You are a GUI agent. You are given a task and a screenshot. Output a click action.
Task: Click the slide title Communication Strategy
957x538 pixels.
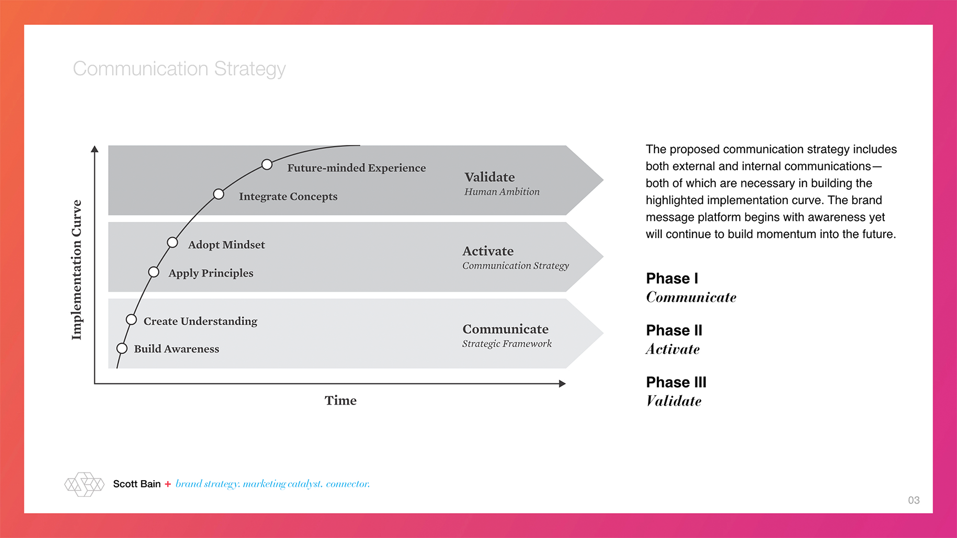[x=179, y=69]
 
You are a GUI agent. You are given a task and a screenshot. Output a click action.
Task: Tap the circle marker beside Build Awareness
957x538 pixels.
[x=122, y=348]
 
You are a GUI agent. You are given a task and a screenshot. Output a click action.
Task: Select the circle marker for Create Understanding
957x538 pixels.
[x=131, y=319]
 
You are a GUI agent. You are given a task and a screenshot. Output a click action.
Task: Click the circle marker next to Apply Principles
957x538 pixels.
[x=154, y=272]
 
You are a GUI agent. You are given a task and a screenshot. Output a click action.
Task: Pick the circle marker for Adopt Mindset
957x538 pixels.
[x=172, y=243]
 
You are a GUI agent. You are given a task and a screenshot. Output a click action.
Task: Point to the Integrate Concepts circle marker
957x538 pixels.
[x=219, y=194]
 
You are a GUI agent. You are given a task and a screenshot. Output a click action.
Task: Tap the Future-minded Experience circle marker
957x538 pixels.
[x=267, y=165]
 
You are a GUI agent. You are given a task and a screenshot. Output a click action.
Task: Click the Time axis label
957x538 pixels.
[x=340, y=400]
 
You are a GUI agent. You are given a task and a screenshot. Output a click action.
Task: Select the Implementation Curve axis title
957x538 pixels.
[x=77, y=270]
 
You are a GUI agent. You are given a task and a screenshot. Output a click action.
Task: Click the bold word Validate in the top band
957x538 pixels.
[x=490, y=177]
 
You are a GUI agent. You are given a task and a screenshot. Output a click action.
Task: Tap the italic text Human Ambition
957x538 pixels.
[x=501, y=192]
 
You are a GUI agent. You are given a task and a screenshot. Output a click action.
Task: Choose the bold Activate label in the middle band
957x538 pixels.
[x=488, y=251]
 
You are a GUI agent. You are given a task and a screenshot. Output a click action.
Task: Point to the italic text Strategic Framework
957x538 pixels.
[x=507, y=343]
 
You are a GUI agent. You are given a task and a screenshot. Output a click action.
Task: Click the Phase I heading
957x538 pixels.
[x=672, y=278]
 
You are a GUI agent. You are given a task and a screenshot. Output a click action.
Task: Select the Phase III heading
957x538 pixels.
[x=676, y=382]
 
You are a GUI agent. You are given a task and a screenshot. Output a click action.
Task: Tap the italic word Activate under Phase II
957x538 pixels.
[x=672, y=350]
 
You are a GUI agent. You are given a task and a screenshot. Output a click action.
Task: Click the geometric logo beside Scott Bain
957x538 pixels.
[x=84, y=484]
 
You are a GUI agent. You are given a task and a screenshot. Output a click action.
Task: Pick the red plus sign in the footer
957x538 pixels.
[x=167, y=484]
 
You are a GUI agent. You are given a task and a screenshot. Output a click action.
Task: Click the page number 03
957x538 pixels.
[x=913, y=500]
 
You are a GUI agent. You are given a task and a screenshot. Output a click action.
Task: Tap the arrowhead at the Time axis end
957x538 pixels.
[x=562, y=384]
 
